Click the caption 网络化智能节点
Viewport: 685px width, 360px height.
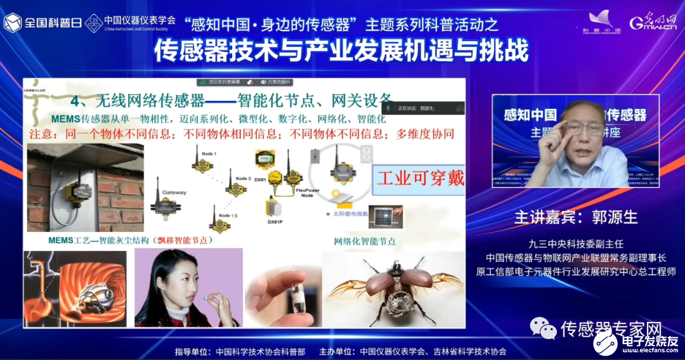(365, 241)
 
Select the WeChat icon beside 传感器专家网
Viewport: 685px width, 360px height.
(544, 327)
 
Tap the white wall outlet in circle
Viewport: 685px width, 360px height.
(365, 155)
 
